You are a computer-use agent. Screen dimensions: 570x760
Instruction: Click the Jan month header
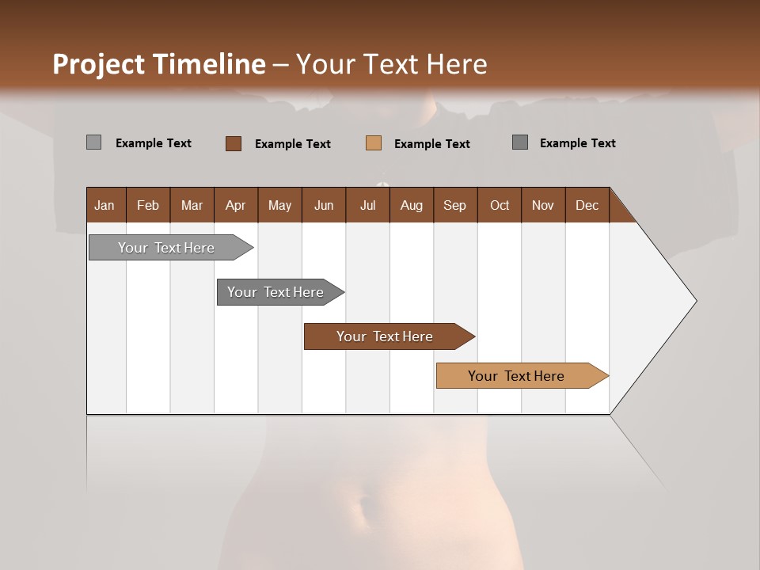tap(105, 205)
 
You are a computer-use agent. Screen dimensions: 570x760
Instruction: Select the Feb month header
tap(148, 205)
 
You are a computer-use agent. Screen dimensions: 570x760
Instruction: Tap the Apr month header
tap(236, 205)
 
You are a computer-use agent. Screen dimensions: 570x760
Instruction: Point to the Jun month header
tap(324, 205)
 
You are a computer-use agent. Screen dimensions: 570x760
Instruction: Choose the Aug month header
tap(412, 205)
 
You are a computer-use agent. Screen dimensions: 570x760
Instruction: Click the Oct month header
tap(500, 205)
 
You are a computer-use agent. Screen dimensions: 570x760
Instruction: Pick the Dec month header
tap(587, 205)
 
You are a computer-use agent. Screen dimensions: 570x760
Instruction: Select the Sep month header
tap(455, 205)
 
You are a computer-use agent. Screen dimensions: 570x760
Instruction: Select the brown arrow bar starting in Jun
tap(386, 336)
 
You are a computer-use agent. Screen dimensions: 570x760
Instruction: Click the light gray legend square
tap(93, 142)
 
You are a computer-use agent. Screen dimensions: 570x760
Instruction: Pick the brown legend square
tap(233, 143)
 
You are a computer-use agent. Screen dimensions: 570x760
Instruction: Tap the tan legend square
tap(374, 143)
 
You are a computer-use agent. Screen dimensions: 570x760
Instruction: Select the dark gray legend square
tap(519, 142)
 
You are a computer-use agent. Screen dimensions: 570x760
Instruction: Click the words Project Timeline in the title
tap(158, 64)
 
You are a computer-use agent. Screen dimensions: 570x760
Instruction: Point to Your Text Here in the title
tap(392, 64)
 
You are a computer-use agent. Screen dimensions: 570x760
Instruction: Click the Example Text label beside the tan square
tap(432, 143)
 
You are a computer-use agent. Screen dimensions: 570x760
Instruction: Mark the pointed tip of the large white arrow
tap(695, 301)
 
